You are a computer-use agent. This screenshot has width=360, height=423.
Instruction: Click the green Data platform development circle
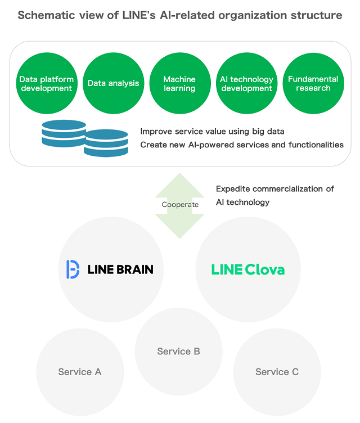pyautogui.click(x=47, y=83)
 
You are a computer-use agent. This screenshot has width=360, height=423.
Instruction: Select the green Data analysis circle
pyautogui.click(x=113, y=83)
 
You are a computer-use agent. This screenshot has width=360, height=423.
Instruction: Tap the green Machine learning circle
pyautogui.click(x=179, y=83)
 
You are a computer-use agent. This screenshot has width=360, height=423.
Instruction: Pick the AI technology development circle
pyautogui.click(x=246, y=83)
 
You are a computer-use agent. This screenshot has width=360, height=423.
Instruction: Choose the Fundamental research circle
pyautogui.click(x=313, y=83)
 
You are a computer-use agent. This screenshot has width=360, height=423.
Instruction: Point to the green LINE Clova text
pyautogui.click(x=247, y=269)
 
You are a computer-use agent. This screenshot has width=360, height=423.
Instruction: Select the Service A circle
pyautogui.click(x=80, y=372)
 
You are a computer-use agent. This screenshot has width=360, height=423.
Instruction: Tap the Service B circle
pyautogui.click(x=178, y=352)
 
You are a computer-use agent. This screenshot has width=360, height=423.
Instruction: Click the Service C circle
pyautogui.click(x=277, y=372)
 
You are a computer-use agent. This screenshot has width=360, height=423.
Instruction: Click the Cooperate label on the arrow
pyautogui.click(x=180, y=204)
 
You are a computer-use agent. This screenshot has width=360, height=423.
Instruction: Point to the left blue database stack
pyautogui.click(x=64, y=133)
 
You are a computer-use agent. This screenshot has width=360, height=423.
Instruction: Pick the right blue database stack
pyautogui.click(x=106, y=143)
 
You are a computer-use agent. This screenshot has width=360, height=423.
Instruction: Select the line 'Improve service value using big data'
pyautogui.click(x=212, y=132)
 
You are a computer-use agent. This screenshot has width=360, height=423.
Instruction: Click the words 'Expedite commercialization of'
pyautogui.click(x=275, y=189)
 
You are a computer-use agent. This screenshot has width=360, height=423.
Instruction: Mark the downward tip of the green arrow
pyautogui.click(x=180, y=237)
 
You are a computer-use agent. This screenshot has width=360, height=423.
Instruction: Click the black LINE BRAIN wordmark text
pyautogui.click(x=120, y=269)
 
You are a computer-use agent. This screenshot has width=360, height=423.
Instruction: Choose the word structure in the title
pyautogui.click(x=317, y=15)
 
